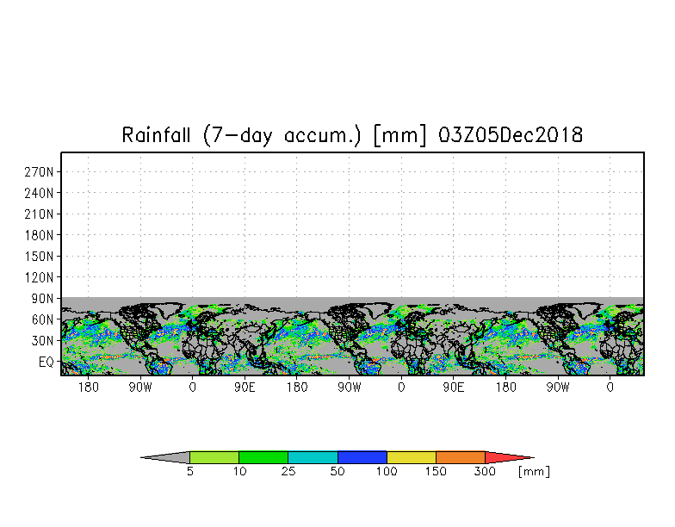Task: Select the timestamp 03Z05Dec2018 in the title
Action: click(x=511, y=135)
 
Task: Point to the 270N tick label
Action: click(x=40, y=171)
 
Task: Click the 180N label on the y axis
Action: click(x=40, y=234)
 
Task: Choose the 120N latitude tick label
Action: click(x=40, y=277)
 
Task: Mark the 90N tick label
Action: click(x=43, y=298)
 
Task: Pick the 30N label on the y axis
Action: click(x=43, y=340)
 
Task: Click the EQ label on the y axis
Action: click(x=46, y=362)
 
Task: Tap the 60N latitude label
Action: click(x=43, y=319)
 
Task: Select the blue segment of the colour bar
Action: click(x=362, y=457)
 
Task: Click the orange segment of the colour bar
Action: click(x=461, y=457)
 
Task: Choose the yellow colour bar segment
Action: click(x=412, y=457)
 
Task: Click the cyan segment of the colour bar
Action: click(x=313, y=457)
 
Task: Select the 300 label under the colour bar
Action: click(x=486, y=472)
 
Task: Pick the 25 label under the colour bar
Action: click(x=288, y=472)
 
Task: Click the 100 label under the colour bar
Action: click(x=387, y=472)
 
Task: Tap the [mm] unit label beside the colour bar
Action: click(x=534, y=472)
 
